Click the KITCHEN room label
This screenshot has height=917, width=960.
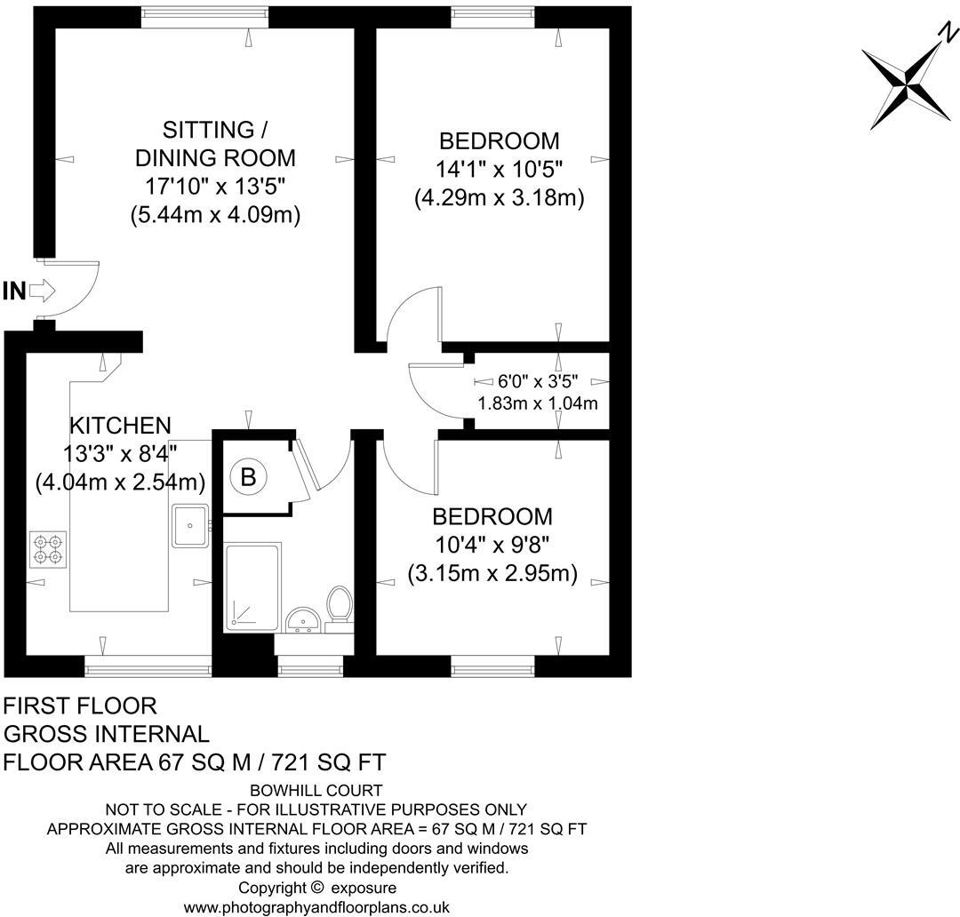tap(121, 425)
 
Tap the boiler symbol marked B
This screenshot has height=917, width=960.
tap(249, 477)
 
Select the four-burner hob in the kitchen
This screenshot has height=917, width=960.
tap(48, 548)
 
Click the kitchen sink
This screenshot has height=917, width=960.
tap(190, 525)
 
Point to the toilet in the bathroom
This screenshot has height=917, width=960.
tap(339, 605)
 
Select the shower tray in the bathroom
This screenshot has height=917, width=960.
tap(252, 586)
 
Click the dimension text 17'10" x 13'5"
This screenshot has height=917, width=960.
tap(214, 186)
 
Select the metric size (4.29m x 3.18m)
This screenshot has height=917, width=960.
tap(499, 198)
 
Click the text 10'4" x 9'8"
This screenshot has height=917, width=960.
tap(492, 546)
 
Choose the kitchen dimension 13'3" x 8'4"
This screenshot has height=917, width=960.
tap(121, 454)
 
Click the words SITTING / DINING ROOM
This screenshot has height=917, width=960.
tap(214, 144)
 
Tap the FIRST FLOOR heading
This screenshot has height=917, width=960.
tap(81, 706)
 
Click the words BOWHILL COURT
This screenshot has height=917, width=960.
tap(316, 790)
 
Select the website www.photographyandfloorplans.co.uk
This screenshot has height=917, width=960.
tap(316, 907)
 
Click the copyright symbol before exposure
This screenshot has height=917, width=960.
tap(317, 888)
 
